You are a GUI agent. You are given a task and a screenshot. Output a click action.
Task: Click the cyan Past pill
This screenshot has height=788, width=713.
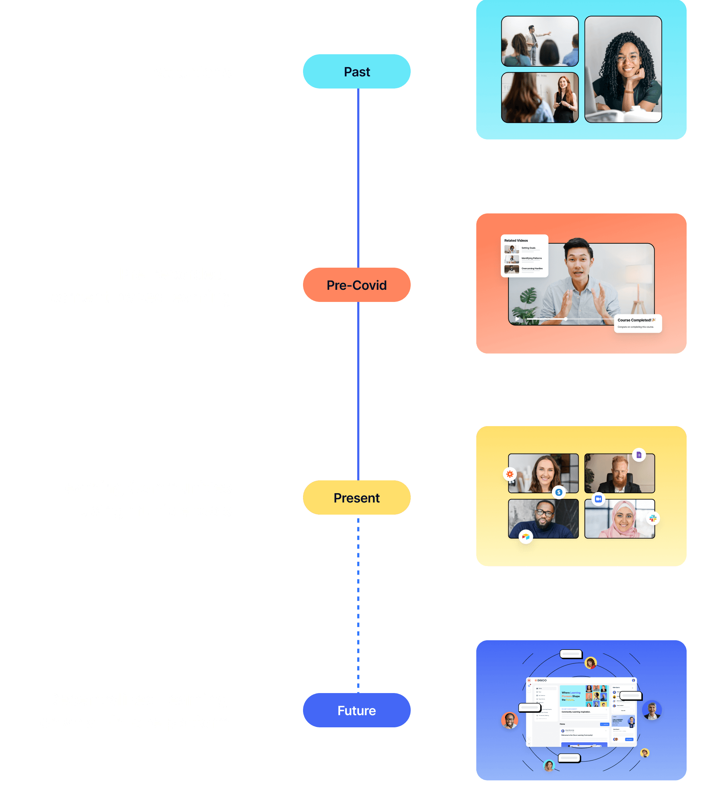pos(356,71)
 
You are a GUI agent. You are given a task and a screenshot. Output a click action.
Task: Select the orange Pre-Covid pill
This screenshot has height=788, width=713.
pos(356,285)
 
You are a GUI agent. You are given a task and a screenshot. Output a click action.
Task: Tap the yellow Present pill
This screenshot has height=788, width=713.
pos(356,497)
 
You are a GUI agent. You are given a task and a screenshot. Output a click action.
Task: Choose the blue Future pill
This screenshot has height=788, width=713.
pos(356,710)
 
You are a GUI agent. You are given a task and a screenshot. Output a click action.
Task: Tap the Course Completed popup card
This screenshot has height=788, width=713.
pos(637,323)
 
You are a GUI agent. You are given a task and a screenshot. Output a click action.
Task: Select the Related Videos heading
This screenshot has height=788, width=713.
pos(516,241)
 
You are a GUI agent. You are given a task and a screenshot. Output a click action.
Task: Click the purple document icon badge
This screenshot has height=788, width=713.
pos(639,455)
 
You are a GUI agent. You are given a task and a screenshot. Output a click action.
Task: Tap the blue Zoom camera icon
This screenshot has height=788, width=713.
pos(598,499)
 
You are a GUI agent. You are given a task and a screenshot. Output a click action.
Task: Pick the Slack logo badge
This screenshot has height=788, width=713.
pos(653,518)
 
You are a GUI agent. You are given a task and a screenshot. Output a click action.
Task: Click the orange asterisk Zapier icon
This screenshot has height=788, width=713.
pos(509,474)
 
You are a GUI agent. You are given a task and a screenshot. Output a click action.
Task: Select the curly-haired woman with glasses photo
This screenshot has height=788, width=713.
pos(623,69)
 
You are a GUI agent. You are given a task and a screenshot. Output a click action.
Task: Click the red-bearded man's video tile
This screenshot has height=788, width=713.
pos(619,473)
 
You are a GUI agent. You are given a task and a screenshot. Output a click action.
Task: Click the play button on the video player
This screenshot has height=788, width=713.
pos(517,319)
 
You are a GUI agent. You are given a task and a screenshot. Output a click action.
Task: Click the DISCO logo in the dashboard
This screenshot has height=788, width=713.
pos(541,681)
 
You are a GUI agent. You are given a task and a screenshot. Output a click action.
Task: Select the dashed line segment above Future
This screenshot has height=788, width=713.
pos(358,606)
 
